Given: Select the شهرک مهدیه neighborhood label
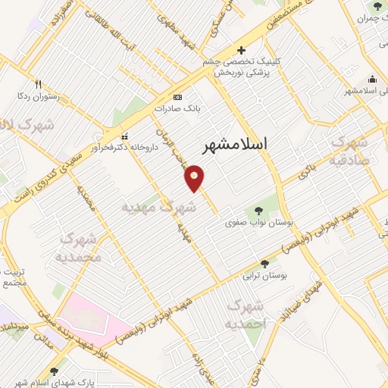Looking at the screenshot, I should point(159,206).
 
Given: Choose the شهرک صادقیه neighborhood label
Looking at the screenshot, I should point(349,150).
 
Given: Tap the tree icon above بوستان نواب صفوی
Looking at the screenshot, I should point(259,210).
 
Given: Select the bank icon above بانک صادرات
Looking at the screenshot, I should point(177,97).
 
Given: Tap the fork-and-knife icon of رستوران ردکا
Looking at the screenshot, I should point(37,85).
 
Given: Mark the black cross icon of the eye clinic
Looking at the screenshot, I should point(241,50).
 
